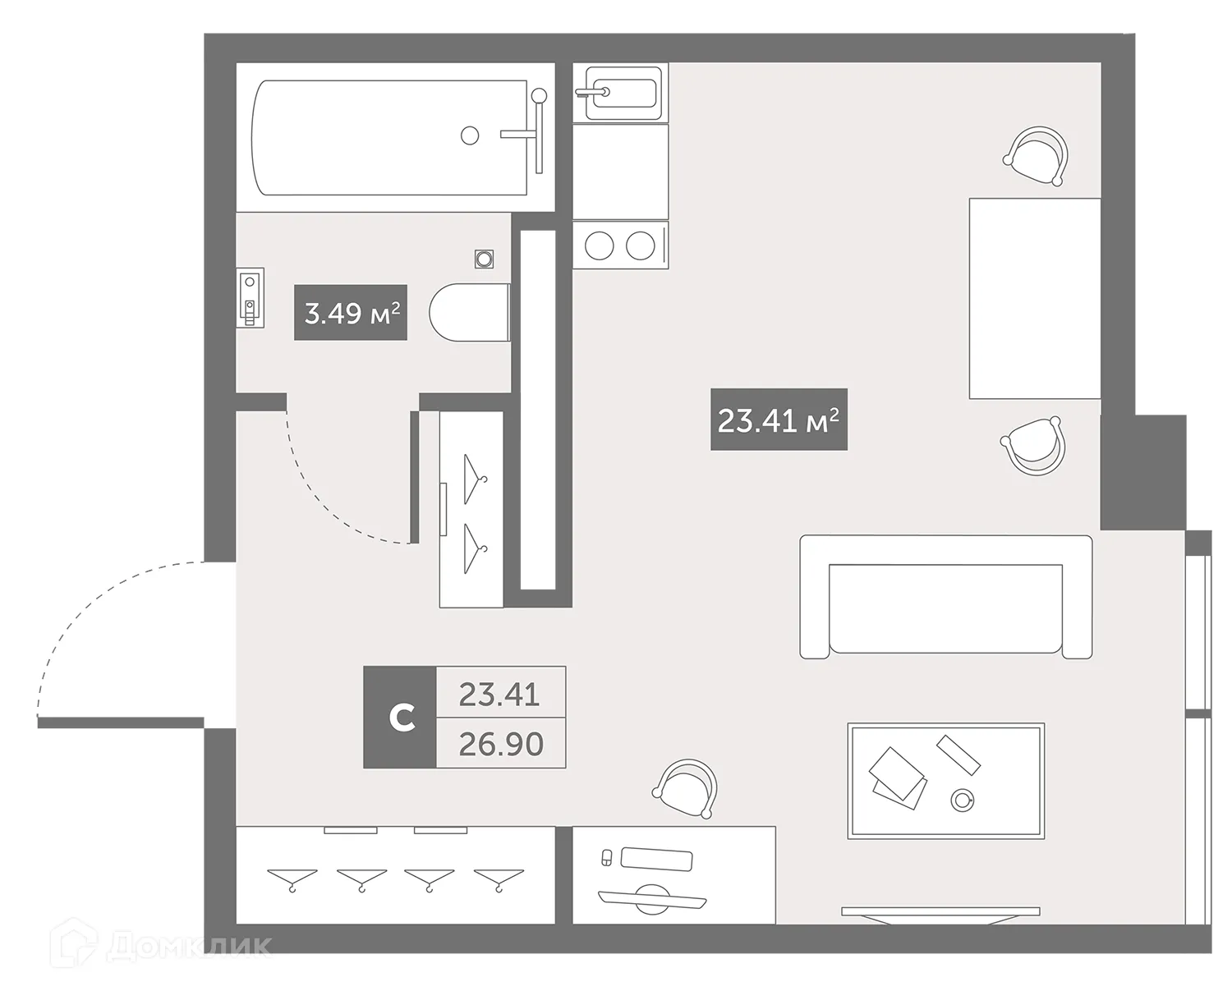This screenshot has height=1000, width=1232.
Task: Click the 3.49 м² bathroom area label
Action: (351, 313)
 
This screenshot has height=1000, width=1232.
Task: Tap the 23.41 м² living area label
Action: (778, 420)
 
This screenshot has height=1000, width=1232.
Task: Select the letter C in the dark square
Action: (400, 718)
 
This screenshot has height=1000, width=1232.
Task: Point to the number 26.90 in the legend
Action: (500, 744)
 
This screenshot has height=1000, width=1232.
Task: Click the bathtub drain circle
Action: (470, 135)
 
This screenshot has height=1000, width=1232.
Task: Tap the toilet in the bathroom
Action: (470, 313)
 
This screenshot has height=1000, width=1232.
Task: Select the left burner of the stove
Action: (600, 245)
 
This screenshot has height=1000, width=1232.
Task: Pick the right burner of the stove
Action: (640, 245)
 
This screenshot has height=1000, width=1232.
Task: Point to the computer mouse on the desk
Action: (607, 857)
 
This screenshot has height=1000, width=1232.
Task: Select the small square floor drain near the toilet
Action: (485, 259)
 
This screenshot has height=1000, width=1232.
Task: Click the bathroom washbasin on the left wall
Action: (251, 298)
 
